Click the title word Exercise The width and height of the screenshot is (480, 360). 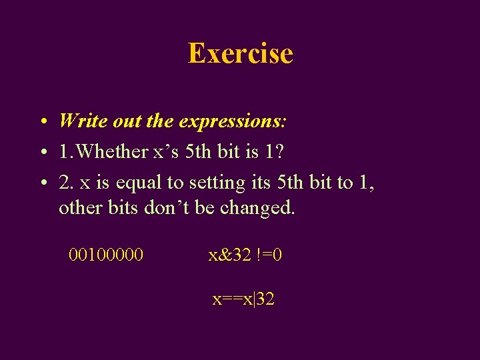tap(240, 53)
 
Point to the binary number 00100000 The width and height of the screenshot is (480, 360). tap(106, 254)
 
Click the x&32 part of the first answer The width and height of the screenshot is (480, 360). tap(229, 254)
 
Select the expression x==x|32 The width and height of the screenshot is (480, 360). tap(243, 299)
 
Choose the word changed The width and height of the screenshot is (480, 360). tap(257, 208)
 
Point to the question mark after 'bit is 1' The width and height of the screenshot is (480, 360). tap(279, 151)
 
